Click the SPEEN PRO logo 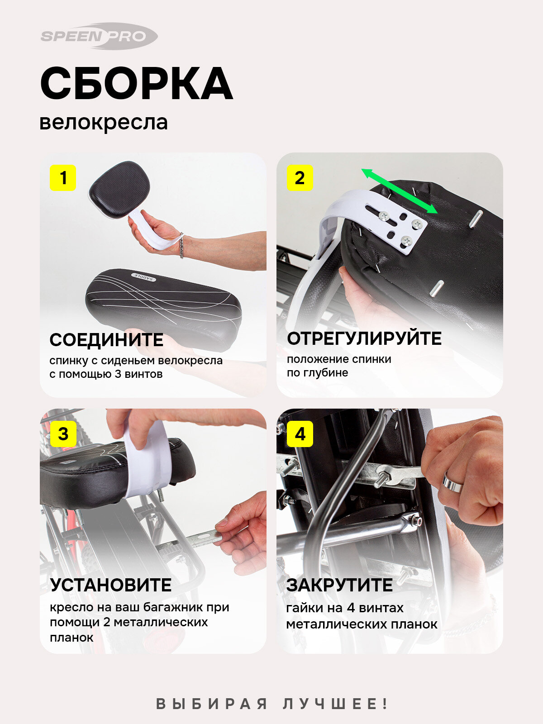point(99,36)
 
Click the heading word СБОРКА point(137,83)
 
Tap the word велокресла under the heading point(104,122)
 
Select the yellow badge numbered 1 point(63,178)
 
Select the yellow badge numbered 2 point(300,178)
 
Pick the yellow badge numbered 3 point(63,434)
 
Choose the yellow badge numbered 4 point(300,434)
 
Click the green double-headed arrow point(400,191)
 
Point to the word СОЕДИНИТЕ point(106,340)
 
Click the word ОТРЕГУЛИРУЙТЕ point(364,338)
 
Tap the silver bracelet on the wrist point(181,246)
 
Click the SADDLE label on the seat point(143,276)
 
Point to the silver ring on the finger point(452,482)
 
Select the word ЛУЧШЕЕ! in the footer point(335,704)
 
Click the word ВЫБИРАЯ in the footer point(211,704)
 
